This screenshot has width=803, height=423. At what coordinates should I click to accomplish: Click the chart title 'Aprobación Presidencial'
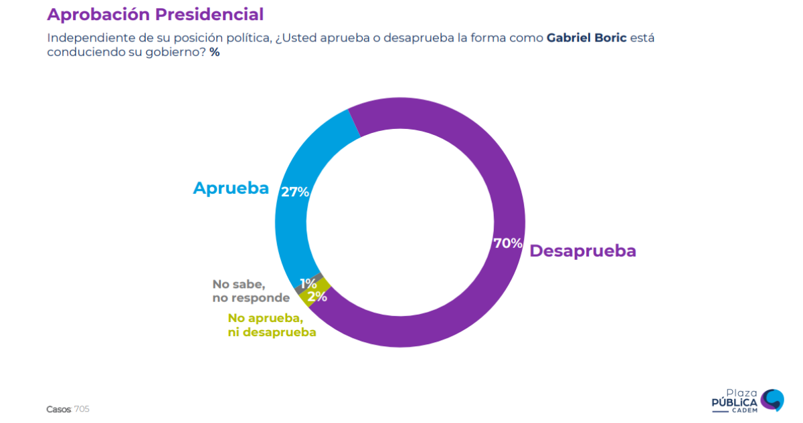pos(155,14)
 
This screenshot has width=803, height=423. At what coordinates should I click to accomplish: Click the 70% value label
pos(507,243)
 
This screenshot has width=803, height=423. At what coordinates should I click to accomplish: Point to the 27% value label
pos(295,192)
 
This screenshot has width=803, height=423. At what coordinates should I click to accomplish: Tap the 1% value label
pos(308,283)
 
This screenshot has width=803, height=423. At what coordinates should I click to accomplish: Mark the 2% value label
pos(317,297)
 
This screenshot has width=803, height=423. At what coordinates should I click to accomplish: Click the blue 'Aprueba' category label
pos(231,188)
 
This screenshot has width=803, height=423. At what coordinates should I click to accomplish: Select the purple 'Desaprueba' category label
pos(583,251)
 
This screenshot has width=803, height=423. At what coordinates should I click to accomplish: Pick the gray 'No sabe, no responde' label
pos(251,291)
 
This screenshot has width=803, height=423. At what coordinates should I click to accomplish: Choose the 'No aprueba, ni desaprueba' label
pos(272,325)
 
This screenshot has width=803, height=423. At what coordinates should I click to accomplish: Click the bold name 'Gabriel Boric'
pos(586,37)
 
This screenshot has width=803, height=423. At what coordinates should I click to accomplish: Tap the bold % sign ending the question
pos(214,52)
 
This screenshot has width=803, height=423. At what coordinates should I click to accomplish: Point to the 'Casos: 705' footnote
pos(68,409)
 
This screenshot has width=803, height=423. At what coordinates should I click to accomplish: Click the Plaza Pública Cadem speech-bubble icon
pos(772,400)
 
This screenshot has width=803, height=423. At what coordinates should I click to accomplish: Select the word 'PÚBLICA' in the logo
pos(734,402)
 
